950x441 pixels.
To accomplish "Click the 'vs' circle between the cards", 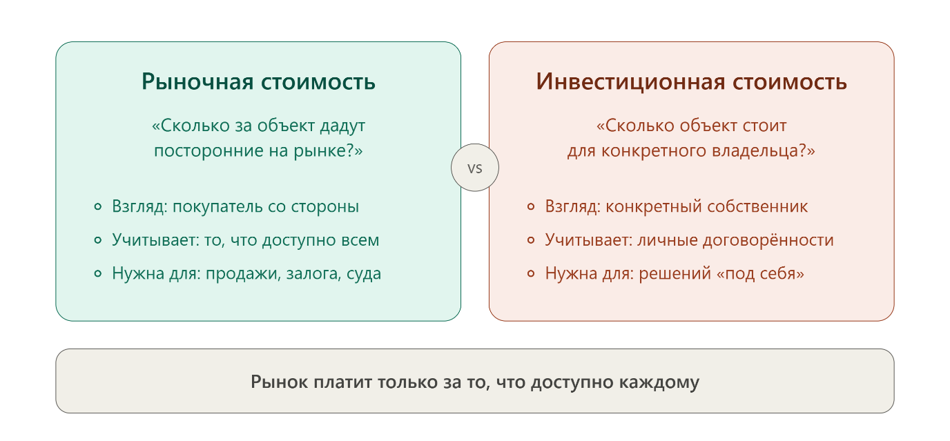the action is pyautogui.click(x=474, y=168).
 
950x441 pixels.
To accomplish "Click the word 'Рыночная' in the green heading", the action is pyautogui.click(x=197, y=81).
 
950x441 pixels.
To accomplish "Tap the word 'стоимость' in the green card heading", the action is pyautogui.click(x=318, y=82).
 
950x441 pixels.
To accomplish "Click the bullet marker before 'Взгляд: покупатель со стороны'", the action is pyautogui.click(x=98, y=206).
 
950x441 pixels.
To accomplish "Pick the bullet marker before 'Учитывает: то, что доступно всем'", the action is pyautogui.click(x=98, y=240).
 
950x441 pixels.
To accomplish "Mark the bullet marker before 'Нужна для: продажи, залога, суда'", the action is pyautogui.click(x=98, y=273).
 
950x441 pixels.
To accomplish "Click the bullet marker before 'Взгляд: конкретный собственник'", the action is pyautogui.click(x=531, y=206).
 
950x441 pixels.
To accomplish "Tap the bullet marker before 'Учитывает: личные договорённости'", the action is pyautogui.click(x=531, y=240).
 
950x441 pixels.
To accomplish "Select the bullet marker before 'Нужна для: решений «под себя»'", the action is pyautogui.click(x=531, y=273).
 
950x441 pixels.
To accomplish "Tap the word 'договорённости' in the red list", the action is pyautogui.click(x=768, y=240).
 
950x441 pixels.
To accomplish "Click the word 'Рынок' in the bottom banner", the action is pyautogui.click(x=279, y=382).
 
